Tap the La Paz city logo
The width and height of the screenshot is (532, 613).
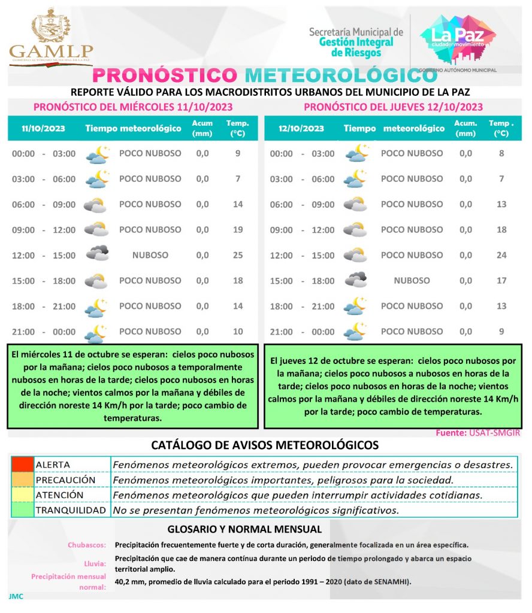pos(458,39)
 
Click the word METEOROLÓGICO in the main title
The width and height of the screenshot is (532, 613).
pos(341,75)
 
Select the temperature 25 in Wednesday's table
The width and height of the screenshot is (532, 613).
pos(237,255)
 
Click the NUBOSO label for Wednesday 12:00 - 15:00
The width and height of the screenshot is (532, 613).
pos(150,255)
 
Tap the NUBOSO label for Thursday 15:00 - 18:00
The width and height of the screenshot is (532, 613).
pos(412,280)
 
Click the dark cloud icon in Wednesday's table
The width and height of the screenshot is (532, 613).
pos(96,254)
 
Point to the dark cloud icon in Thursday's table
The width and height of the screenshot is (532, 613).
pos(355,280)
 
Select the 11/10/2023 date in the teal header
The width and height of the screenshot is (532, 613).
pos(43,128)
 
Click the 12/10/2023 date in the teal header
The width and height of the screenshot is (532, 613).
pos(301,128)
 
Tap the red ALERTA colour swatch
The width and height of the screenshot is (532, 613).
pos(22,465)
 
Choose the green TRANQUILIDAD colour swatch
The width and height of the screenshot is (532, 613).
pos(22,511)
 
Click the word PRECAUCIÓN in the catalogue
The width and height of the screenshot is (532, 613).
pos(65,480)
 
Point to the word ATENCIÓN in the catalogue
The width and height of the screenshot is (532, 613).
pos(59,495)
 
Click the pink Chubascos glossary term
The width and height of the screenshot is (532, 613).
pos(87,545)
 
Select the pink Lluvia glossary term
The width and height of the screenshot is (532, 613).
pos(96,563)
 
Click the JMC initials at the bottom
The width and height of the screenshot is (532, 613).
pos(16,596)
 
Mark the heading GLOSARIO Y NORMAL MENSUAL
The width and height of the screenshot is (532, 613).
pos(244,529)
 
